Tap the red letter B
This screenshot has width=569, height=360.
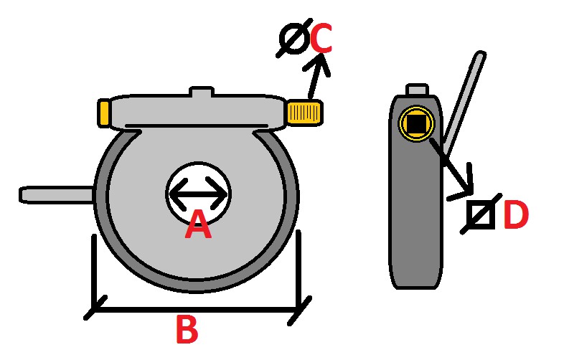(187, 331)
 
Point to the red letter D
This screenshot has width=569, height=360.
(516, 215)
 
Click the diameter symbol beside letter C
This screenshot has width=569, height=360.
(293, 40)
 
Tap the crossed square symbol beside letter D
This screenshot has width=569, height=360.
(480, 214)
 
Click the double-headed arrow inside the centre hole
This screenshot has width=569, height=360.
(199, 193)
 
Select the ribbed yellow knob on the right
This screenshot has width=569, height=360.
(304, 112)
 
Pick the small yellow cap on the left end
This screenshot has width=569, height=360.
(104, 113)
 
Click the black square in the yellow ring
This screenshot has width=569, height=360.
(415, 123)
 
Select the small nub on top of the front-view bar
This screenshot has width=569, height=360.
(202, 93)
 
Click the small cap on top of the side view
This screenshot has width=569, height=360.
(417, 90)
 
